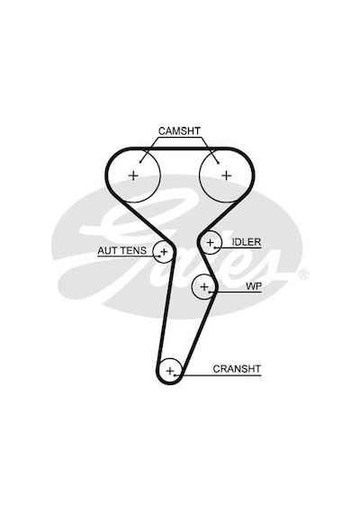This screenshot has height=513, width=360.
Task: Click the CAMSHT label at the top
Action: click(x=179, y=131)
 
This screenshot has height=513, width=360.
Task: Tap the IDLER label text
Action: click(x=246, y=242)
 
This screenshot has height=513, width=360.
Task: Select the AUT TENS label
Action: click(x=121, y=251)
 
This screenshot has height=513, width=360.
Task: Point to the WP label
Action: click(x=254, y=286)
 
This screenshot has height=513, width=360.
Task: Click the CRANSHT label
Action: click(x=237, y=369)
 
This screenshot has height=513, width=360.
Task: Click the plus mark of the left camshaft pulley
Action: click(x=133, y=175)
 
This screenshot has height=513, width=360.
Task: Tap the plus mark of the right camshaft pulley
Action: click(x=227, y=175)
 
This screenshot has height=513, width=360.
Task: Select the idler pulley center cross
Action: click(x=210, y=243)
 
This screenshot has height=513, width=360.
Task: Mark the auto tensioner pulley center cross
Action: click(x=164, y=252)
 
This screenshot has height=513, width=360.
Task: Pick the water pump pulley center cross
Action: click(x=204, y=287)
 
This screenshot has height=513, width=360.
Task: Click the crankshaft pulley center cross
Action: click(x=170, y=371)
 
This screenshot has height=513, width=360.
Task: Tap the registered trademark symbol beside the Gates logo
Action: click(x=303, y=274)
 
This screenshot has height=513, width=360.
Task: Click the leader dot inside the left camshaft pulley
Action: click(x=140, y=162)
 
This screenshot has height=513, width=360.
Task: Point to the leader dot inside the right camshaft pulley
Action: click(x=218, y=163)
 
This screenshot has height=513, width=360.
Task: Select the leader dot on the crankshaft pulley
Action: click(x=175, y=374)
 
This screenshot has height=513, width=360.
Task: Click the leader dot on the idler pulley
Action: click(x=215, y=247)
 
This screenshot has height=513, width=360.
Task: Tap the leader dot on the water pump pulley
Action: click(x=210, y=292)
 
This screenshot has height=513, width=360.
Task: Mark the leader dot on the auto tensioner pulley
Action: click(x=159, y=256)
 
